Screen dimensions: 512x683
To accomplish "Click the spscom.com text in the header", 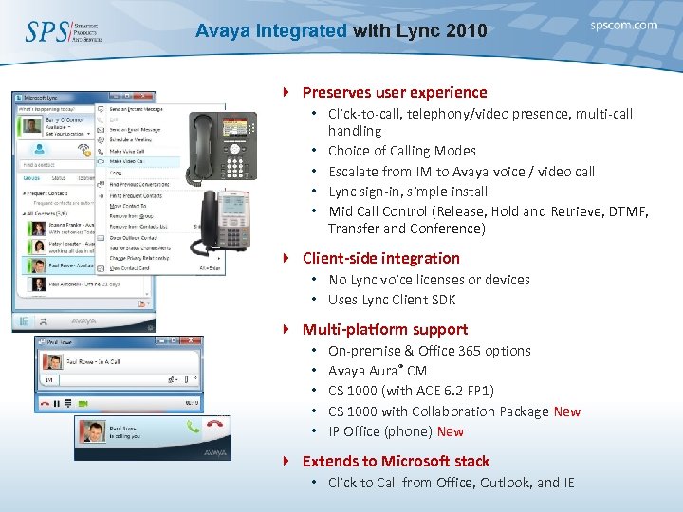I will [623, 26].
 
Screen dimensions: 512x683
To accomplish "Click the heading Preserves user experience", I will [394, 92].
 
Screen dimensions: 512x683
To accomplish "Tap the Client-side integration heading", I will [380, 258].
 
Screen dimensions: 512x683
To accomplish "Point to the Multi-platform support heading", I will [384, 329].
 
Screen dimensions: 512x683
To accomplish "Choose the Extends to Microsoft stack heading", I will [396, 461].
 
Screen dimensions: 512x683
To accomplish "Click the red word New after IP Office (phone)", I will [451, 431].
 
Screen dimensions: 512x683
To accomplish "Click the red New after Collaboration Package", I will [566, 411].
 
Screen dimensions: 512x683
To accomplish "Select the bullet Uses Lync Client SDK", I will [392, 300].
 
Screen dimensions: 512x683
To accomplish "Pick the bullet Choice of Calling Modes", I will [401, 151].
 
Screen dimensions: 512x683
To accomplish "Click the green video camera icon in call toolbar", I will [83, 403].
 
